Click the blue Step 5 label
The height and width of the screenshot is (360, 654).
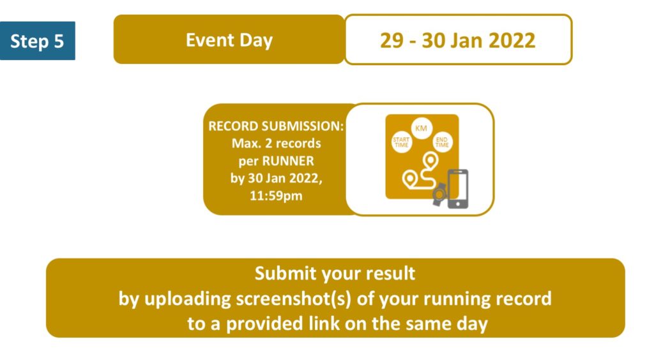(x=38, y=41)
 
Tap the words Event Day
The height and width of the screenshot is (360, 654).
(x=229, y=40)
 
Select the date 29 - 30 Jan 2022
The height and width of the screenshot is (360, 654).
(x=457, y=40)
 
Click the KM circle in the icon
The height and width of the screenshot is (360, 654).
(x=422, y=128)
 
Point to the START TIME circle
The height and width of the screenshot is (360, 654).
(x=401, y=142)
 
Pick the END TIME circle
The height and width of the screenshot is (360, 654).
(x=442, y=142)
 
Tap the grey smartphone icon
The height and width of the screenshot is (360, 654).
(x=458, y=188)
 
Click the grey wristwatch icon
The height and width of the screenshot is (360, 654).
(x=439, y=194)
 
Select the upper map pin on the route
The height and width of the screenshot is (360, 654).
(x=430, y=160)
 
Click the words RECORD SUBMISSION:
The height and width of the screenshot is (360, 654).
(x=276, y=126)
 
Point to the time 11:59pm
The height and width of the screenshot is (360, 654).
(x=276, y=195)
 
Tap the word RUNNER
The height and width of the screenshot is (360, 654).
(x=288, y=161)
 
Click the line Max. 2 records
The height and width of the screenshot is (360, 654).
(x=276, y=144)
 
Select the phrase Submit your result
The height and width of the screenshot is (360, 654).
(x=335, y=274)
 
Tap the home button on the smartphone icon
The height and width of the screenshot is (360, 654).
(x=458, y=204)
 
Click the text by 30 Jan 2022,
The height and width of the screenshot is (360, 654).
(x=276, y=178)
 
